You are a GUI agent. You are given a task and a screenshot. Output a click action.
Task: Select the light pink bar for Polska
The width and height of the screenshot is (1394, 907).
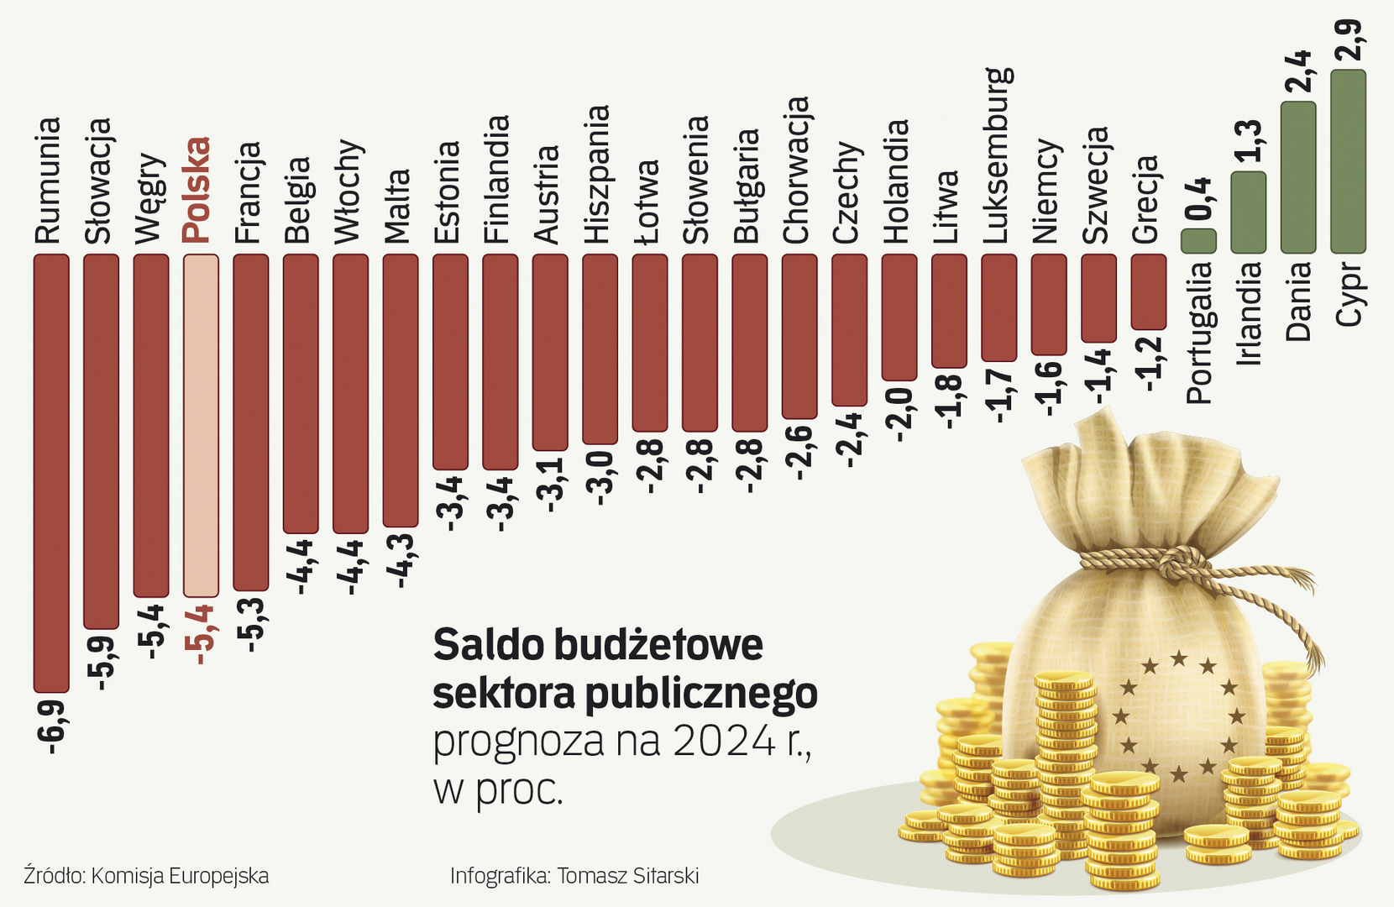201,425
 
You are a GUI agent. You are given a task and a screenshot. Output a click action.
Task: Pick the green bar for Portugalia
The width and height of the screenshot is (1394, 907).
1198,241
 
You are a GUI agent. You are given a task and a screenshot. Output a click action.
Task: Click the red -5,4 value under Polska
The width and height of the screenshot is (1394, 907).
201,634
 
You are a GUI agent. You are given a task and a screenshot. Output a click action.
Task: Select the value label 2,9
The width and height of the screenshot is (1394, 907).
1349,38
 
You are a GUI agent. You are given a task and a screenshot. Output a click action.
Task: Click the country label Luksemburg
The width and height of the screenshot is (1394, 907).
998,155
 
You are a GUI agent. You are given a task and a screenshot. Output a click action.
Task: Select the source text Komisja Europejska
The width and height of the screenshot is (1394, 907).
180,876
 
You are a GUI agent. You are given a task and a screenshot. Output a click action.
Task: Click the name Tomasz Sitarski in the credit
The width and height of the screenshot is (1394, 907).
627,876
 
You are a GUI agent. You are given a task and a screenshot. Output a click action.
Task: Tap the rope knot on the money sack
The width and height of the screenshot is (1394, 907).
1180,560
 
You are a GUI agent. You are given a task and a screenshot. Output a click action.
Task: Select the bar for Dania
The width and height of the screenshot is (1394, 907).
1298,177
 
